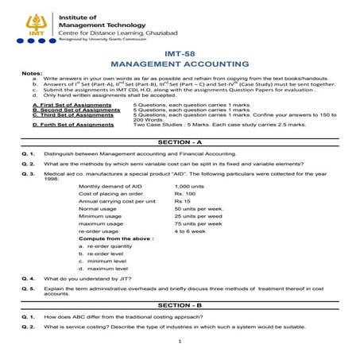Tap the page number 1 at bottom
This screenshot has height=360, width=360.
coord(180,342)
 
